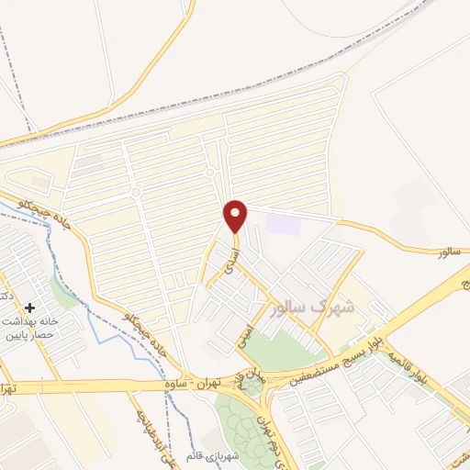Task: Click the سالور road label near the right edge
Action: (x=447, y=250)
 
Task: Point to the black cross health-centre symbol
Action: (x=30, y=308)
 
